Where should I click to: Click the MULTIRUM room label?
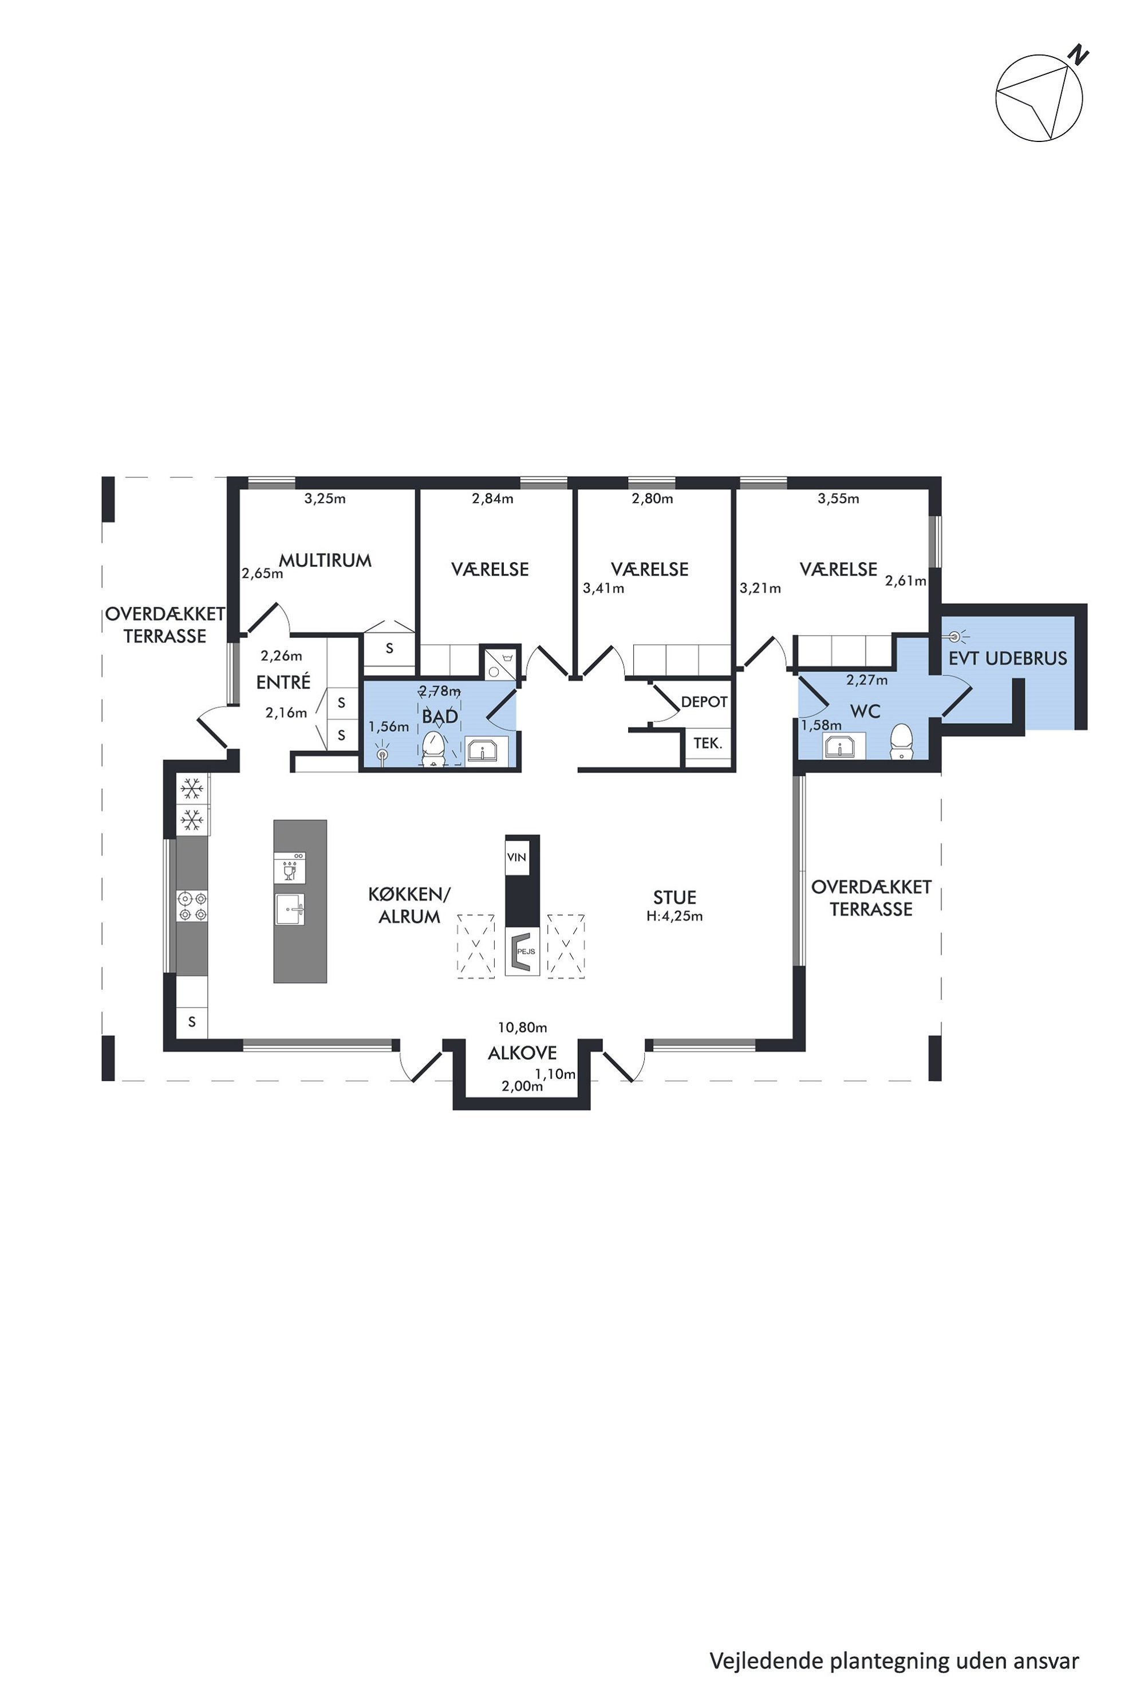[325, 560]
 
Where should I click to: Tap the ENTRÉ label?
[283, 682]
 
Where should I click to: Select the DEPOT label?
[704, 701]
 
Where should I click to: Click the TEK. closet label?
[708, 743]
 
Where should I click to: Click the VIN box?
[516, 857]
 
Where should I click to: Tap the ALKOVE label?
[522, 1052]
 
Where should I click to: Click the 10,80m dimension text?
[522, 1027]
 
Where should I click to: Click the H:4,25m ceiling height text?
[674, 916]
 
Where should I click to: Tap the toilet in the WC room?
[901, 740]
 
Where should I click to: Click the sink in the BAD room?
[482, 751]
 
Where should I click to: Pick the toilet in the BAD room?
[433, 748]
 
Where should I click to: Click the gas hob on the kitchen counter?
[192, 906]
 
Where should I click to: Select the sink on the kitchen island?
[290, 909]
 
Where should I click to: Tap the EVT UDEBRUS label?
[1008, 658]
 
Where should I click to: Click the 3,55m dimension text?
[838, 499]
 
